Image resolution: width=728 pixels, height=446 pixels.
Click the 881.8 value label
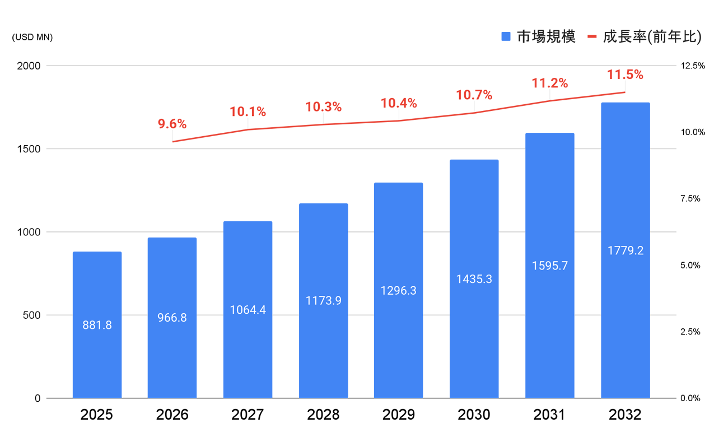(x=97, y=324)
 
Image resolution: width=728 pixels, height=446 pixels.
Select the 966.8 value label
(x=172, y=317)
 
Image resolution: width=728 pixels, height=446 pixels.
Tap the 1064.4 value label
(x=248, y=309)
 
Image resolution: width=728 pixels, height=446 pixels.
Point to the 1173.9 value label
(x=324, y=300)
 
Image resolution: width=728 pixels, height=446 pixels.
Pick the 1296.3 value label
(x=398, y=291)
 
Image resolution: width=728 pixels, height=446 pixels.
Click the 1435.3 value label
(x=474, y=278)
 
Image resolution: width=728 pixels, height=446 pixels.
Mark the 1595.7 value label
(x=549, y=266)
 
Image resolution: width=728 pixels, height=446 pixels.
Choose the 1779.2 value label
(x=626, y=250)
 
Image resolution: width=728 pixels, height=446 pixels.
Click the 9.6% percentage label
(x=172, y=124)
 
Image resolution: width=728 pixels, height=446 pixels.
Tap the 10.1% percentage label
(x=248, y=112)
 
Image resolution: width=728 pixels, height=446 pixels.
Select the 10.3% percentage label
(x=324, y=106)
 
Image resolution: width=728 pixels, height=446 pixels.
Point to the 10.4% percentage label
(x=399, y=103)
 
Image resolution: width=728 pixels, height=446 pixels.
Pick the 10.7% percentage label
(x=474, y=95)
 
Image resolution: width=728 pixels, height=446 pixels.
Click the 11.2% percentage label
(x=549, y=83)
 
